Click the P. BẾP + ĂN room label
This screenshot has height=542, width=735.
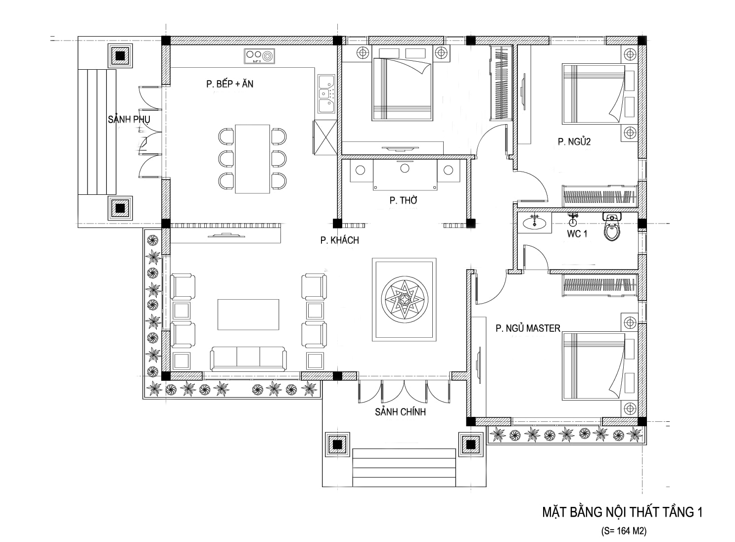coord(230,84)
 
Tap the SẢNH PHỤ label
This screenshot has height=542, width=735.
coord(129,119)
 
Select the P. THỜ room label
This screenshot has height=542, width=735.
coord(403,200)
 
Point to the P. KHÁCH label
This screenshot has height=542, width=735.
coord(340,240)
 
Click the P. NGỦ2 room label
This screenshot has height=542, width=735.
coord(574,141)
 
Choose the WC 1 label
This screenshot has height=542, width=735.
coord(577,233)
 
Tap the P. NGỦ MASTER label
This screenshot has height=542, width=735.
coord(528,328)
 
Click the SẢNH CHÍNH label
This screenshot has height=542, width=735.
coord(400,412)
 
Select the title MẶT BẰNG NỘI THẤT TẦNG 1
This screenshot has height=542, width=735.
coord(622,512)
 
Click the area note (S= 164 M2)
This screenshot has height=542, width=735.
coord(624,531)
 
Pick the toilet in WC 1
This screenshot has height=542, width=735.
coord(612,226)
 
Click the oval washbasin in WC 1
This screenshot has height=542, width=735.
coord(535,223)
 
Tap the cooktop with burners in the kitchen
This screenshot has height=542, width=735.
coord(259,56)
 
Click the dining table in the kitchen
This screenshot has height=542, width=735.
coord(252,159)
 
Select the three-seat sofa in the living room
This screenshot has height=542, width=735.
coord(248,359)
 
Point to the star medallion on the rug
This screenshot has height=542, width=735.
coord(405,299)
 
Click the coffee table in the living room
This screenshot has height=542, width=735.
coord(248,315)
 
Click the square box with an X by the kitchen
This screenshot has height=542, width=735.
coord(325,137)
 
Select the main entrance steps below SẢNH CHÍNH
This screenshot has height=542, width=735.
coord(404,467)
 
